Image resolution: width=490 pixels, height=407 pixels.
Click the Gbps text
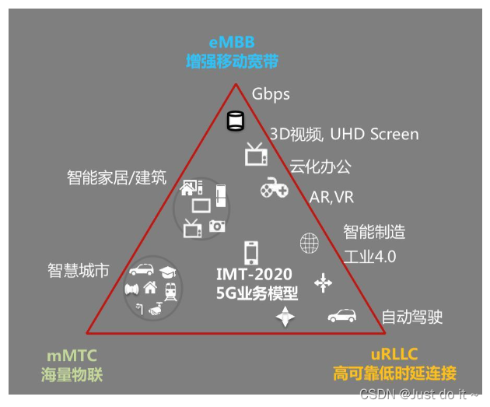271,94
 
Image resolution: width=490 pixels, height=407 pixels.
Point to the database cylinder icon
235,121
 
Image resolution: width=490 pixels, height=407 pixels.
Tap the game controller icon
274,188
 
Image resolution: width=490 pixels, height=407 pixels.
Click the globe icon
310,243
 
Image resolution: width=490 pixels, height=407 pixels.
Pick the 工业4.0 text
369,257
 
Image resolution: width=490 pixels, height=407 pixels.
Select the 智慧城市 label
78,271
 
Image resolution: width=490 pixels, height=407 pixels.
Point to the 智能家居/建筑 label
116,177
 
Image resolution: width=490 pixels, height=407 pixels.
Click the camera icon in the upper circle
217,226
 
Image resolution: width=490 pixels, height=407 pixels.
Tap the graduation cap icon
167,272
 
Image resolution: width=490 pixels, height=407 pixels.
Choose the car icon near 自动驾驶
342,315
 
